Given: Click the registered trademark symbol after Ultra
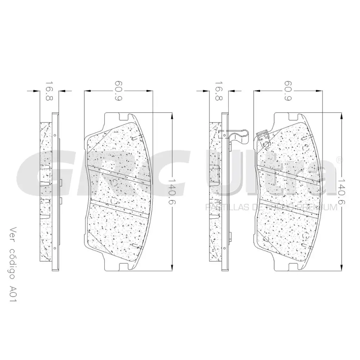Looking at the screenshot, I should (339, 160).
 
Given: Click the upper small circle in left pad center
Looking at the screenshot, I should (114, 182).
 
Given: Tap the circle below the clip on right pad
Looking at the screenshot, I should (266, 143).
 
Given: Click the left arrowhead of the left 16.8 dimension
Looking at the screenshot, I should (35, 91).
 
